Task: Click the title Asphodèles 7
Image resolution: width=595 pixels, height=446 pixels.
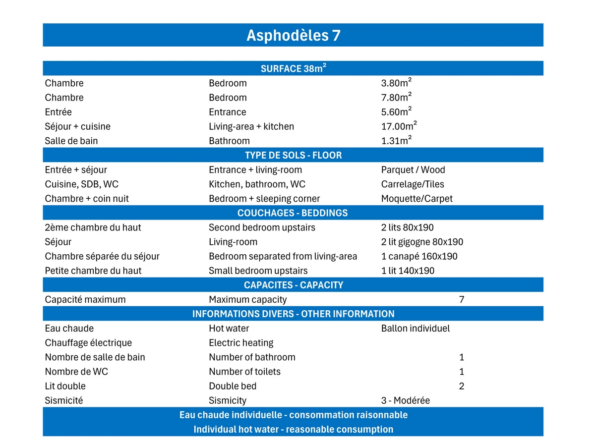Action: [x=293, y=36]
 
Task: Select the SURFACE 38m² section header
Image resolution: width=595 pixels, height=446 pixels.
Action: [x=293, y=68]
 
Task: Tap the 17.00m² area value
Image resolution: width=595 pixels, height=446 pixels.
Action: [x=399, y=126]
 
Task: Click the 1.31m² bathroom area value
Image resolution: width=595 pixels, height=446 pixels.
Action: [x=396, y=141]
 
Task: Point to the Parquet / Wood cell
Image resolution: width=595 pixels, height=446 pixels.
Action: [x=413, y=170]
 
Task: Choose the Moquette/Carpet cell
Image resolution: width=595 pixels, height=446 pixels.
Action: [x=416, y=199]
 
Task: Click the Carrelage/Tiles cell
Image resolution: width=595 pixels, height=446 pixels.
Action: [x=413, y=184]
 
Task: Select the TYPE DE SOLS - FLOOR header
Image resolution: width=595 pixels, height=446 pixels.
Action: [x=293, y=156]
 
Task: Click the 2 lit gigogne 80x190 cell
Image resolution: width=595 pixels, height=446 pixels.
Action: [x=422, y=242]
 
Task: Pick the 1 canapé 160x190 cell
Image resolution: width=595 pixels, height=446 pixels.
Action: [x=419, y=256]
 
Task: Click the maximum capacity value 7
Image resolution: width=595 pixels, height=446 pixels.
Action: [x=462, y=299]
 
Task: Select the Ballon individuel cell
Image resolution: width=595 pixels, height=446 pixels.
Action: [x=416, y=328]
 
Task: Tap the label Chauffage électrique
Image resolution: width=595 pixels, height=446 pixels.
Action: [x=88, y=343]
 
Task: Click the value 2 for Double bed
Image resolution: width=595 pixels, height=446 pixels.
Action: [x=462, y=386]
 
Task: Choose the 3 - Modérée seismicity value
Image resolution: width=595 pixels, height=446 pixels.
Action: [x=405, y=400]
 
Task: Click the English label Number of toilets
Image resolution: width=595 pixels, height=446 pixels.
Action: [x=244, y=372]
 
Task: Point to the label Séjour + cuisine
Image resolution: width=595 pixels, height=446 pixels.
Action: [x=77, y=126]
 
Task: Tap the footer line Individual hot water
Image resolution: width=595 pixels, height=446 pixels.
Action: [x=293, y=429]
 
